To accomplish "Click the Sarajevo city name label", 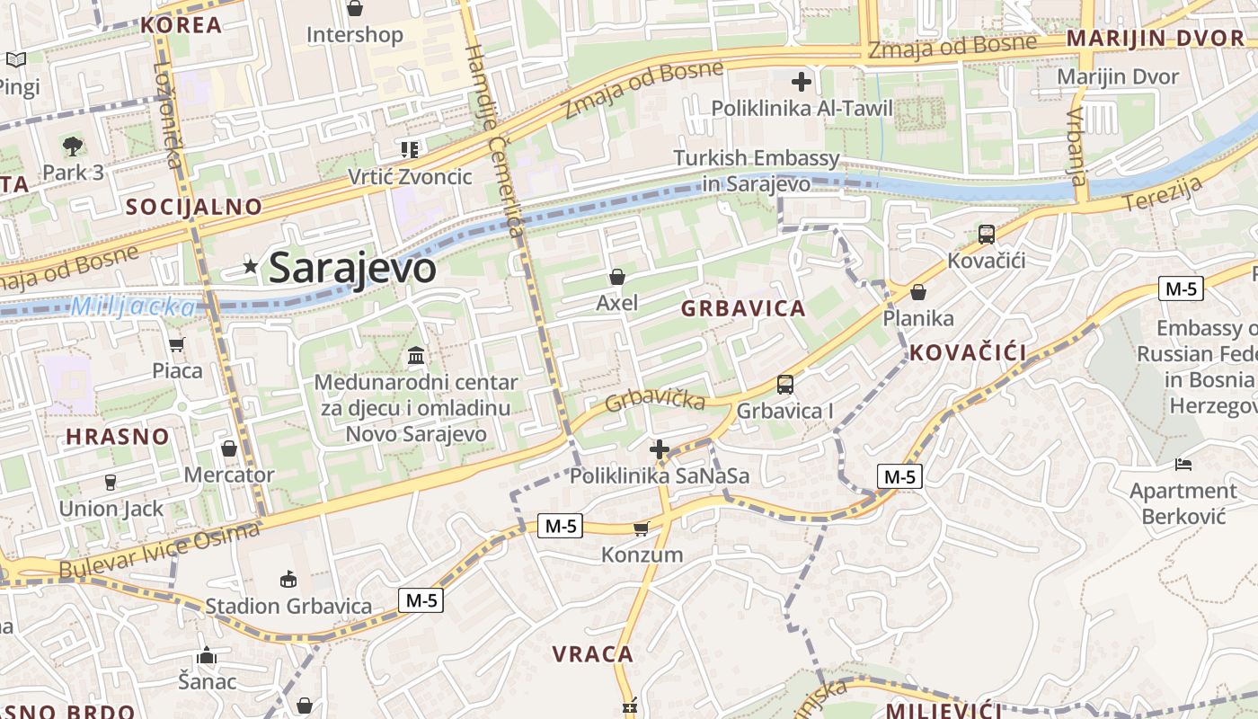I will (352, 267).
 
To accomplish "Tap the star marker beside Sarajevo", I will (251, 265).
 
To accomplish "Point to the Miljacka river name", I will (132, 307).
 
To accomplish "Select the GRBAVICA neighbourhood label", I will (743, 309).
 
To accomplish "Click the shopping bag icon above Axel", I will (616, 277).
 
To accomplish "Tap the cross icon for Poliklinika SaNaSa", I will (660, 449).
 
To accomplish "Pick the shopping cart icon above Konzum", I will (641, 528).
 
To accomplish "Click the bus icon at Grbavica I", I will (785, 385).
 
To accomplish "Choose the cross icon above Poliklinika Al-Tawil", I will (802, 83).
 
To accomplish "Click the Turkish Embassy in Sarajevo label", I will (757, 171).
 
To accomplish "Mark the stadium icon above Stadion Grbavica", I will (288, 580).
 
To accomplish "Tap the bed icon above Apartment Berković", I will (1183, 465).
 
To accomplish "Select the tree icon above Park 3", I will (73, 146).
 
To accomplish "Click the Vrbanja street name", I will (1078, 144).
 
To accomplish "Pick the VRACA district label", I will (593, 654).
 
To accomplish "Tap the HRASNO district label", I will (118, 438).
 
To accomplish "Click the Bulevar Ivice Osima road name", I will (159, 550).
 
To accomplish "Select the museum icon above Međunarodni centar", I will (416, 356).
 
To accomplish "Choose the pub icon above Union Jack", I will (111, 483).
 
